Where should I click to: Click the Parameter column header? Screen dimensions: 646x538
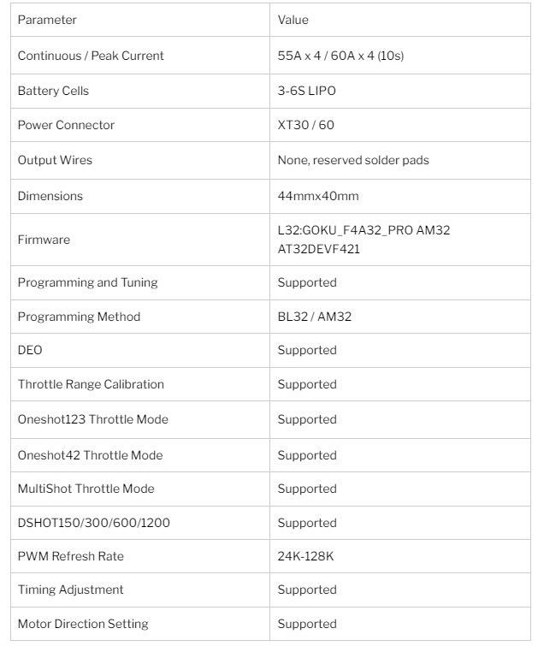click(47, 20)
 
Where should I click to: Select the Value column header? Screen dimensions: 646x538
click(293, 20)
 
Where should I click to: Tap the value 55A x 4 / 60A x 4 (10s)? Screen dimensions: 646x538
click(340, 56)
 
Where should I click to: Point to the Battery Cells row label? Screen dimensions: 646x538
click(53, 91)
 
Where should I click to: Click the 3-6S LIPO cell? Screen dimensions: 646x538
click(307, 91)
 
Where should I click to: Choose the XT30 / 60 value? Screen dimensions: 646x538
click(305, 125)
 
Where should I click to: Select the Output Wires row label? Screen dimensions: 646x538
click(55, 160)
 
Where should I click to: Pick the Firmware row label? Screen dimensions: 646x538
click(44, 240)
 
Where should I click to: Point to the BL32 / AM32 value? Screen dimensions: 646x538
click(314, 317)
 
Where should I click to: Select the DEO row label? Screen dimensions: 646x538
click(31, 350)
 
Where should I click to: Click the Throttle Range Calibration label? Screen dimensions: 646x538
click(91, 384)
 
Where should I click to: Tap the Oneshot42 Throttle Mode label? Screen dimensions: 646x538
click(90, 455)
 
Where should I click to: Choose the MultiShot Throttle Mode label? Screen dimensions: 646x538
click(86, 489)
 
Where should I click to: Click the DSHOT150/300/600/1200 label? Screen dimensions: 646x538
click(93, 523)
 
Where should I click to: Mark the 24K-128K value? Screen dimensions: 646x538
click(305, 556)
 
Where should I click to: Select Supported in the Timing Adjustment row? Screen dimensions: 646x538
click(307, 590)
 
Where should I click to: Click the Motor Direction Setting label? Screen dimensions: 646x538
click(83, 624)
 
